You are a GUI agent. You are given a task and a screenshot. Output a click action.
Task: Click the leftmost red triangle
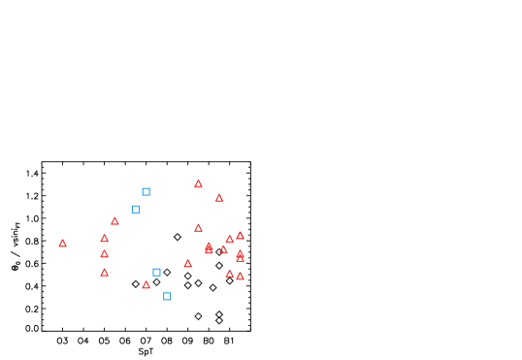pyautogui.click(x=62, y=244)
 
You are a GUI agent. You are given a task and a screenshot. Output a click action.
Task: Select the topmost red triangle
pyautogui.click(x=198, y=183)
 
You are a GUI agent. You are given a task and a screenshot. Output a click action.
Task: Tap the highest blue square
pyautogui.click(x=146, y=192)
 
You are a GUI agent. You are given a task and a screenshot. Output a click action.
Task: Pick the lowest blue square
pyautogui.click(x=167, y=297)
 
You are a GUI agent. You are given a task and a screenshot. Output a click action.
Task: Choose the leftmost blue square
pyautogui.click(x=136, y=210)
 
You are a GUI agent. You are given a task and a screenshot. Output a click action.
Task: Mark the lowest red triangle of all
pyautogui.click(x=146, y=285)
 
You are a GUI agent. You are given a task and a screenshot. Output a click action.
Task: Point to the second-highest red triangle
pyautogui.click(x=219, y=198)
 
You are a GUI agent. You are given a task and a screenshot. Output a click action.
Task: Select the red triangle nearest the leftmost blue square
pyautogui.click(x=114, y=221)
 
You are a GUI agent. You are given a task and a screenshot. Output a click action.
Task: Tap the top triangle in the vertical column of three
pyautogui.click(x=104, y=238)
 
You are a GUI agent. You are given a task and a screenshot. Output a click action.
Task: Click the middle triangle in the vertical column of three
pyautogui.click(x=104, y=254)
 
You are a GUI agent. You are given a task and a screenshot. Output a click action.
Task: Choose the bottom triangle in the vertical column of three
pyautogui.click(x=104, y=273)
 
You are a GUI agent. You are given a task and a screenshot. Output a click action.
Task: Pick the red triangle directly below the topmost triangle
pyautogui.click(x=198, y=228)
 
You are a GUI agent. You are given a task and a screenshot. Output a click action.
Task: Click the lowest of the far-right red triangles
pyautogui.click(x=240, y=277)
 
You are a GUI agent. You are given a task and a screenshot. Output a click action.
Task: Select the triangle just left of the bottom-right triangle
pyautogui.click(x=230, y=274)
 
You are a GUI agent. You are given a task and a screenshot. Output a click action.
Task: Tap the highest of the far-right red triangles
pyautogui.click(x=240, y=236)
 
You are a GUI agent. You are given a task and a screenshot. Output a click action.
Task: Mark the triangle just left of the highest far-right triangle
pyautogui.click(x=230, y=240)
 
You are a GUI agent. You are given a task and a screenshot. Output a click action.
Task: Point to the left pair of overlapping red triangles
pyautogui.click(x=209, y=248)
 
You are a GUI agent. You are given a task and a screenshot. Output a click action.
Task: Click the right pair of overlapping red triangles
pyautogui.click(x=240, y=256)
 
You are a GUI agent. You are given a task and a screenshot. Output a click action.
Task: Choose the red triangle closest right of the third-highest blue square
pyautogui.click(x=187, y=263)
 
